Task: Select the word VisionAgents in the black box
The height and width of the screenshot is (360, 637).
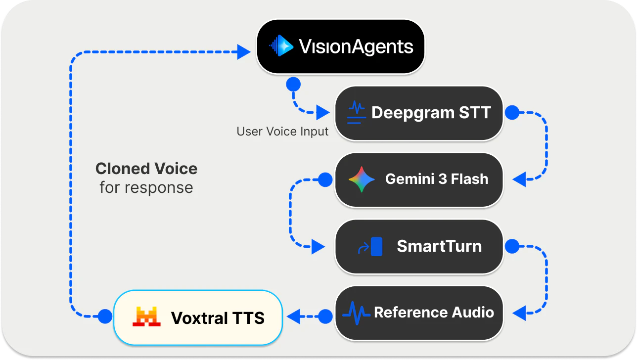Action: [x=356, y=47]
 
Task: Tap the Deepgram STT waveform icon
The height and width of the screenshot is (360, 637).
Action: [x=356, y=112]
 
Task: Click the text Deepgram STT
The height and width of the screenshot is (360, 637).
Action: [x=431, y=113]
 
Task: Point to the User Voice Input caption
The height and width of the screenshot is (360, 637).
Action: [x=282, y=132]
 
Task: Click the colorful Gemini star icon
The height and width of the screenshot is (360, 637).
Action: [x=362, y=179]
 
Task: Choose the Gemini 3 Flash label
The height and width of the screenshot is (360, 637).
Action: [x=437, y=179]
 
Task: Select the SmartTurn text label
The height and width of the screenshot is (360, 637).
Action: [x=439, y=246]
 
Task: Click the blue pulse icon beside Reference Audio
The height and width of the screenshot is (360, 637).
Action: [x=357, y=313]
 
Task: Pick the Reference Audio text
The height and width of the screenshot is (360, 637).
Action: [x=434, y=313]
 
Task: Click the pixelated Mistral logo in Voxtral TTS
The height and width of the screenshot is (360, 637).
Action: [x=146, y=317]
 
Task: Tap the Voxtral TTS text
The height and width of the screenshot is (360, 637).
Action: [x=218, y=317]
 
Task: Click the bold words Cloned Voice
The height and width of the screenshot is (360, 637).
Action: [x=146, y=169]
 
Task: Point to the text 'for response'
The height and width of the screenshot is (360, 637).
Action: [x=146, y=188]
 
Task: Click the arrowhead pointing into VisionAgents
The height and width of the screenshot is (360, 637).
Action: [x=244, y=51]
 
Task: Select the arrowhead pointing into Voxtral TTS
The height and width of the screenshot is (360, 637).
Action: [x=293, y=316]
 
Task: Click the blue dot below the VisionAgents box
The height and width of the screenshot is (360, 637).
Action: [x=294, y=85]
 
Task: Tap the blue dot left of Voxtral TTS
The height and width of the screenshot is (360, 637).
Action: [x=105, y=316]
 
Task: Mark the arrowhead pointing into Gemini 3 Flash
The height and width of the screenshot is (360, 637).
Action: [x=520, y=180]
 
